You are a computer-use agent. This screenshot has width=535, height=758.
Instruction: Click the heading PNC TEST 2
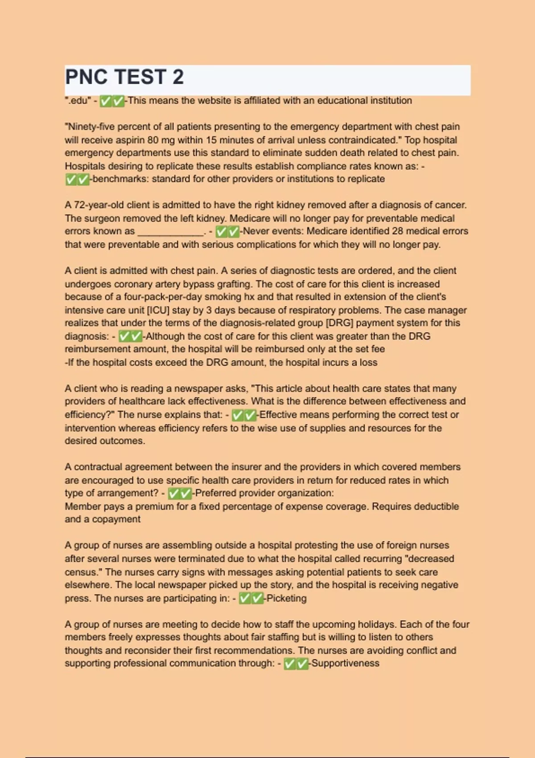pyautogui.click(x=124, y=77)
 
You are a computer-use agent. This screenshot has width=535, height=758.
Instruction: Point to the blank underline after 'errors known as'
pyautogui.click(x=171, y=232)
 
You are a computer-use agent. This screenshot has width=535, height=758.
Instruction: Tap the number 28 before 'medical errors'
pyautogui.click(x=398, y=231)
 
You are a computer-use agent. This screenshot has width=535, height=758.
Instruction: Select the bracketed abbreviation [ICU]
pyautogui.click(x=158, y=310)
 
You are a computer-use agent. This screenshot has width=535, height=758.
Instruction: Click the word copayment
pyautogui.click(x=116, y=519)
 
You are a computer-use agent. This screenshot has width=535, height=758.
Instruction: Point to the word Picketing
pyautogui.click(x=286, y=598)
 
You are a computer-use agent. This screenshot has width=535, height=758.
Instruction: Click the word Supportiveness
pyautogui.click(x=345, y=663)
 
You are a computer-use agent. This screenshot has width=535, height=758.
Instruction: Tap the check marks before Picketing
pyautogui.click(x=251, y=598)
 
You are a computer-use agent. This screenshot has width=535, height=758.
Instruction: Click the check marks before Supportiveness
pyautogui.click(x=296, y=664)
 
